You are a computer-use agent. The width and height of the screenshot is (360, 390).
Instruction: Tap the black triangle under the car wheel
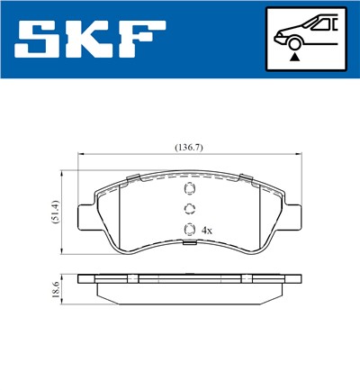(293, 57)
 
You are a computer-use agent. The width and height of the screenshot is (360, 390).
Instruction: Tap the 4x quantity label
(208, 230)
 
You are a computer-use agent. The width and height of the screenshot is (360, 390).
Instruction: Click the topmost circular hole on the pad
(189, 189)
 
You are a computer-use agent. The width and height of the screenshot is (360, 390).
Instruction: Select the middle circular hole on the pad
(189, 209)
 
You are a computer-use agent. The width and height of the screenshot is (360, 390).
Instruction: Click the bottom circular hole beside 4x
(189, 229)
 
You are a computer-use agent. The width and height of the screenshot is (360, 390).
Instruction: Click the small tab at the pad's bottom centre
(189, 241)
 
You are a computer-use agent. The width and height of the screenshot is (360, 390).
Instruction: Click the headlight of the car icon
(280, 33)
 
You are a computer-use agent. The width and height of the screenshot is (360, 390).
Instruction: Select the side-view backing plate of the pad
(188, 278)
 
